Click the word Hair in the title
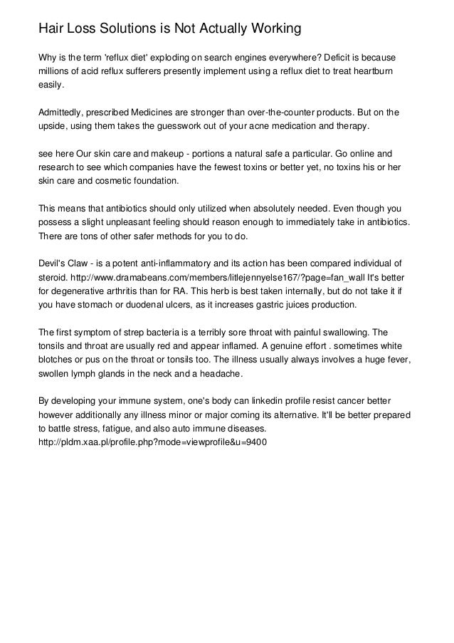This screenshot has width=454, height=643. [51, 29]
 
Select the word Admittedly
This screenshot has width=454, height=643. [63, 113]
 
